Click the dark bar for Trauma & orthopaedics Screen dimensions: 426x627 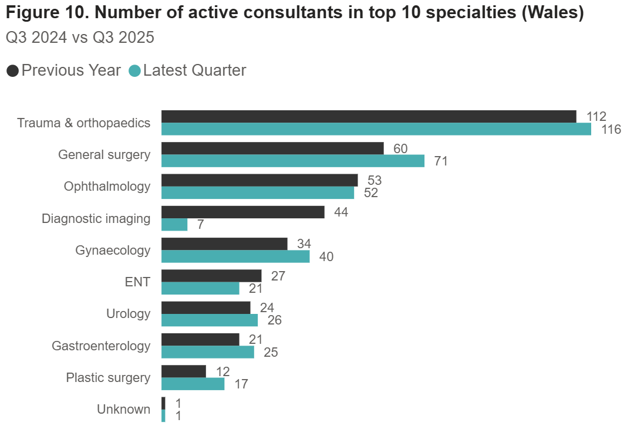click(x=369, y=117)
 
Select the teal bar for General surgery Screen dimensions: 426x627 click(x=292, y=161)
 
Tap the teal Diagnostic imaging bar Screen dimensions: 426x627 click(x=174, y=224)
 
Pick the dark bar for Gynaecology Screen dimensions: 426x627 click(x=224, y=244)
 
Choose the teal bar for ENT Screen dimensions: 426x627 click(x=200, y=288)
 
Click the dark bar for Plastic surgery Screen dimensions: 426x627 click(x=184, y=371)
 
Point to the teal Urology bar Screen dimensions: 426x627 click(x=210, y=320)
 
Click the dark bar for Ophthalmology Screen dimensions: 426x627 click(x=259, y=180)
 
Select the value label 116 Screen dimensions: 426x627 click(x=611, y=130)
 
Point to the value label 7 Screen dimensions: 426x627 click(x=200, y=225)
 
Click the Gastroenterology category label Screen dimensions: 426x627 click(x=101, y=346)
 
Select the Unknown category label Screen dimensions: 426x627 click(x=124, y=409)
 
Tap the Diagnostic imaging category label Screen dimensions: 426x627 click(x=96, y=219)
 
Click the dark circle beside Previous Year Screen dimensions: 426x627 click(x=12, y=71)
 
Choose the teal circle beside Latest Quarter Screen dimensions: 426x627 click(x=134, y=71)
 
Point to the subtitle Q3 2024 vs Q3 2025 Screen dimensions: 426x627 click(x=80, y=38)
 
